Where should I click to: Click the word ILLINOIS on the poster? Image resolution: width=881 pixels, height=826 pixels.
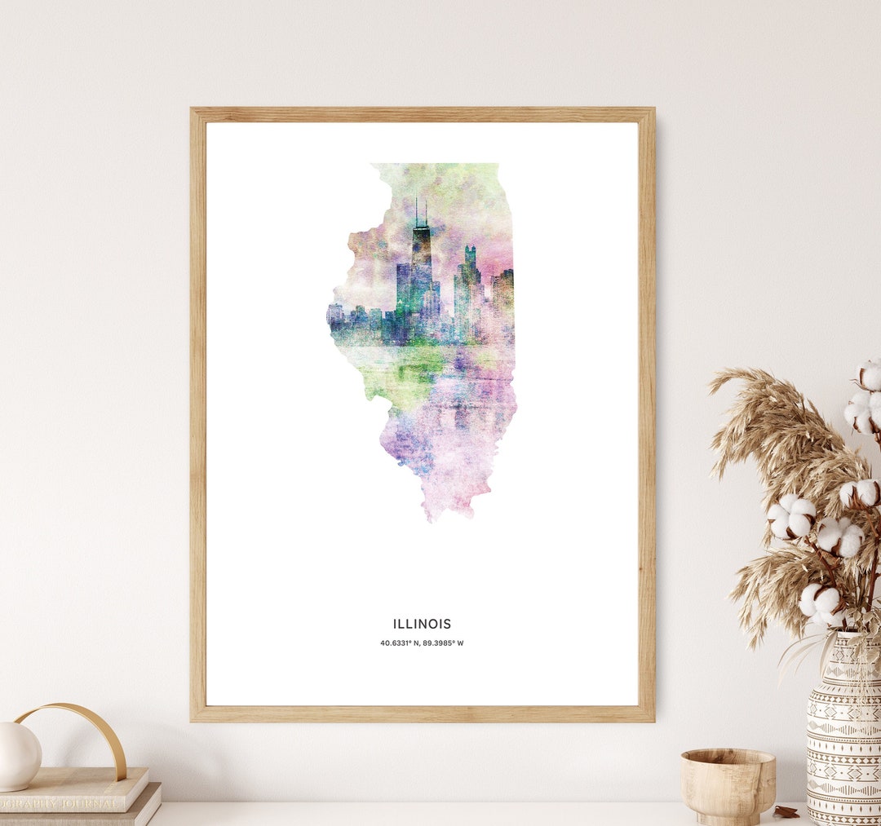[x=422, y=624]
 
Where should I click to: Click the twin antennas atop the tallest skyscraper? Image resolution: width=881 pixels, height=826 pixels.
[x=421, y=212]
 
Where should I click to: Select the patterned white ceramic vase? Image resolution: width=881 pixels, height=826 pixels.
[x=843, y=734]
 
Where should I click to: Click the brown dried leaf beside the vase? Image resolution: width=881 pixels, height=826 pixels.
[x=786, y=811]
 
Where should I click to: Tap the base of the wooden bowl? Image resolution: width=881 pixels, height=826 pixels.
[x=728, y=818]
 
